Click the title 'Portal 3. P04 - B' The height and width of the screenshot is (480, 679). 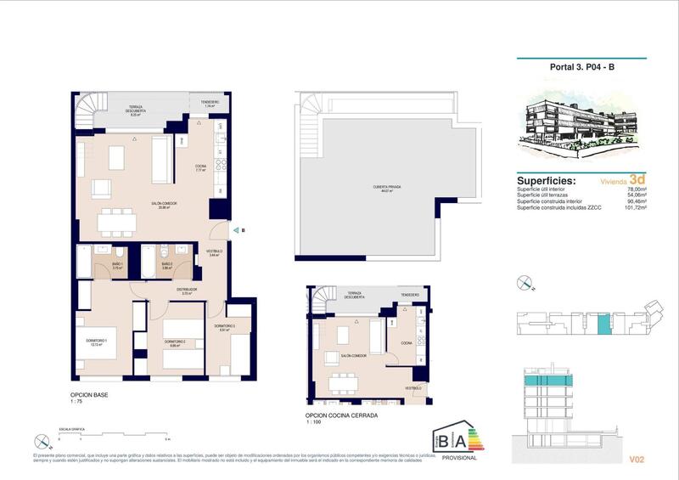tap(582, 72)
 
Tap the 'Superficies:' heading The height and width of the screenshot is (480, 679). tap(546, 181)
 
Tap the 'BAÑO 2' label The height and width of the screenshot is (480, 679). tap(167, 265)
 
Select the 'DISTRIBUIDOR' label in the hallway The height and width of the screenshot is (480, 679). tap(187, 290)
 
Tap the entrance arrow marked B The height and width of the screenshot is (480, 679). tap(237, 229)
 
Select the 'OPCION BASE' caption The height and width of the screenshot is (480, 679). tap(89, 395)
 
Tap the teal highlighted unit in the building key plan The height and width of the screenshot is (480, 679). tap(603, 324)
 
